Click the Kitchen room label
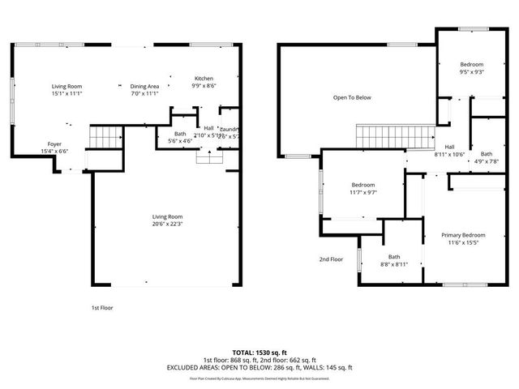click(x=204, y=79)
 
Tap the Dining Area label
click(x=144, y=86)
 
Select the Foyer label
click(x=54, y=143)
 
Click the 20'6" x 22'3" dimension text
click(x=168, y=224)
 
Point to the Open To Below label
click(x=352, y=98)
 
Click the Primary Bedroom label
click(x=461, y=236)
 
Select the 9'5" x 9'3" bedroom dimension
click(x=472, y=72)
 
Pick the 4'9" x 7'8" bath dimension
click(x=486, y=160)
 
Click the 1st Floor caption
click(x=102, y=308)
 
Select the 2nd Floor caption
click(x=331, y=259)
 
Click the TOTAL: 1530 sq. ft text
click(x=259, y=353)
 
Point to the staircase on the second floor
click(x=395, y=136)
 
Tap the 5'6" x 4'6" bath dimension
click(x=180, y=141)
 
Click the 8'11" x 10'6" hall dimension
click(x=449, y=154)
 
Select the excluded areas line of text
click(x=259, y=367)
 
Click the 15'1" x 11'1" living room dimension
click(x=67, y=93)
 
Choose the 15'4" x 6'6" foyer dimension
click(x=54, y=151)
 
